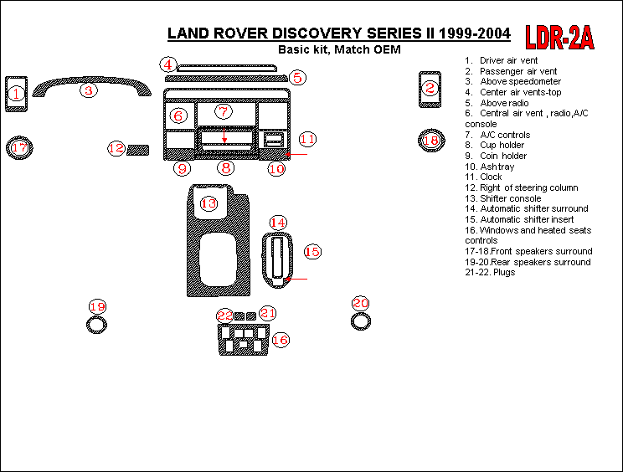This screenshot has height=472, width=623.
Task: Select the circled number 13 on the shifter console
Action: (x=208, y=203)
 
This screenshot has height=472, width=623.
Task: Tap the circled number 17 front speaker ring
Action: (x=19, y=148)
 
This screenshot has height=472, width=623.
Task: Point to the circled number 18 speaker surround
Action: (x=430, y=141)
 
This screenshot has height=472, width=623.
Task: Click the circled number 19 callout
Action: (x=97, y=306)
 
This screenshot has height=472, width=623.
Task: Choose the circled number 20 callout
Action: (x=360, y=303)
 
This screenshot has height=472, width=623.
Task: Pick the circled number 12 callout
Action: (x=116, y=148)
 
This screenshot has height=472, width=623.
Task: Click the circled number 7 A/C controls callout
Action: (x=222, y=111)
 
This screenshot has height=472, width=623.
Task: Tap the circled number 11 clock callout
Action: (x=307, y=139)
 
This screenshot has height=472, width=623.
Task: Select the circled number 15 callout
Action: (x=311, y=251)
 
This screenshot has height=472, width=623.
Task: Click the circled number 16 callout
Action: (x=280, y=340)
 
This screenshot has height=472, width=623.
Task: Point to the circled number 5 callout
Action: (x=296, y=78)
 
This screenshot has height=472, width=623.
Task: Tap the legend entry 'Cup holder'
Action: (x=502, y=145)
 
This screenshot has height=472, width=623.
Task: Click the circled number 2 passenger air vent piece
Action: (x=430, y=87)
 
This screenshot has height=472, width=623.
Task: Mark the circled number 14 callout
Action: (x=277, y=222)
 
